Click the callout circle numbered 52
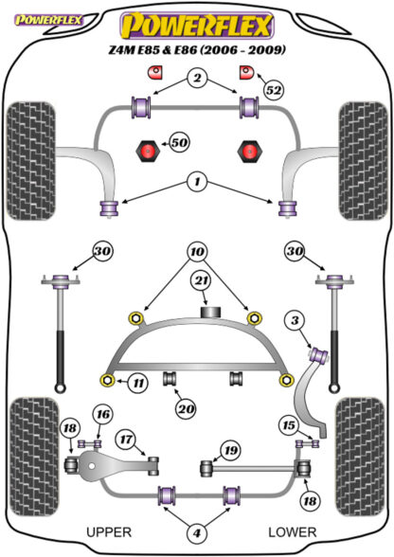pos(274,90)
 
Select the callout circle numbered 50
pos(179,143)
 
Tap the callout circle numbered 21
pos(202,281)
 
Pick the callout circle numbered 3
pos(295,321)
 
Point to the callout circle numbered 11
pos(138,384)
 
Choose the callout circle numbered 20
pos(186,409)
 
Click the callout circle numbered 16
pos(103,415)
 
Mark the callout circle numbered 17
pos(127,440)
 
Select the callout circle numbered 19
pos(230,451)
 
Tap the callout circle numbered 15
pos(289,424)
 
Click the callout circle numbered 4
pos(197,532)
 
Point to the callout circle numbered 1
pos(197,182)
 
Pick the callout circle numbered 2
pos(197,78)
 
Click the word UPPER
pos(109,532)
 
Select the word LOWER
pos(292,532)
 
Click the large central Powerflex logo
pos(197,26)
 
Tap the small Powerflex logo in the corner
pos(48,20)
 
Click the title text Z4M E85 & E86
pos(152,49)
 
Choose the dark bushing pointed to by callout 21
pos(211,313)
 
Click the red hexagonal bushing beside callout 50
pos(149,152)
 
